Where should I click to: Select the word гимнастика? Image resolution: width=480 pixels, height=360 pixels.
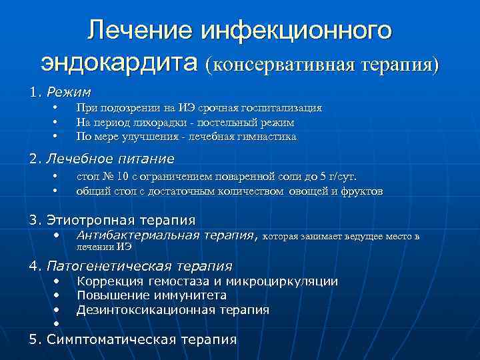tap(263, 137)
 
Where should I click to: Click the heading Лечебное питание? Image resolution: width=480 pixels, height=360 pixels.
tap(111, 159)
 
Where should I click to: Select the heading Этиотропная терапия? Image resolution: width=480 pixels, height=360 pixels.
tap(121, 220)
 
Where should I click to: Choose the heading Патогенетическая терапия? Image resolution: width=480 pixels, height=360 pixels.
tap(139, 266)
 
